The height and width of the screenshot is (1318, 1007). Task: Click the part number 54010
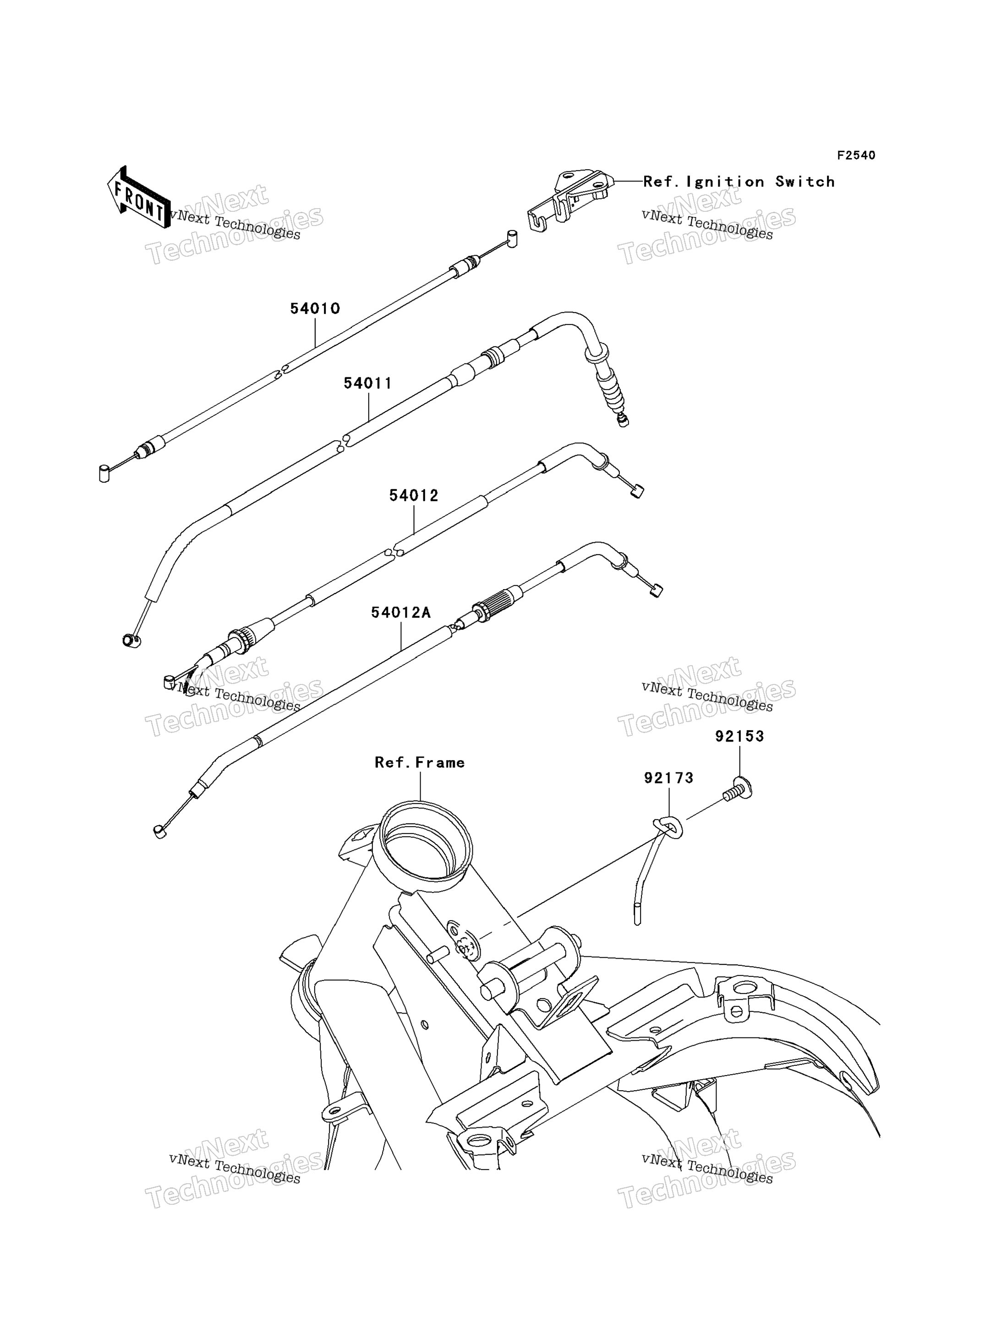coord(315,309)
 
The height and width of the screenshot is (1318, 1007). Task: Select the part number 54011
coord(367,383)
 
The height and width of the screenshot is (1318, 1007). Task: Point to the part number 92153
coord(739,736)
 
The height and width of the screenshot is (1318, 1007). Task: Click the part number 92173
coord(669,778)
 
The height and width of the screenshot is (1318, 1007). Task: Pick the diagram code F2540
coord(856,155)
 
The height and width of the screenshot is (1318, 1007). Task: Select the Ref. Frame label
coord(420,763)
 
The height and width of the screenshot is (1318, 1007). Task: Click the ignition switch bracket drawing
coord(569,201)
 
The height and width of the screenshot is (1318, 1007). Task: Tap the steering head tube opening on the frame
coord(422,839)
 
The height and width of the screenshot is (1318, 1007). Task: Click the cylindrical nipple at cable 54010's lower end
coord(104,473)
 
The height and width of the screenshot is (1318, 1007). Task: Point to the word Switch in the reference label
coord(805,182)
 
